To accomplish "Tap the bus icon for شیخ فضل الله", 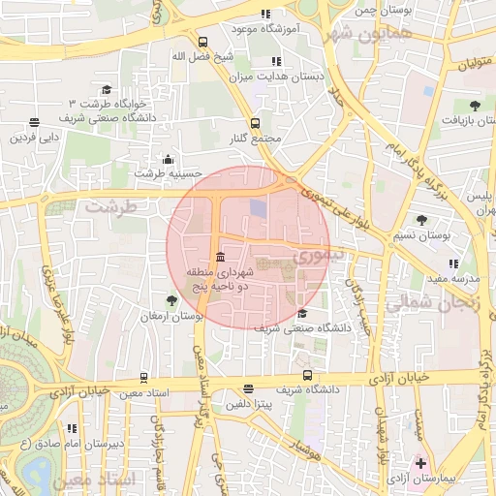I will [202, 42].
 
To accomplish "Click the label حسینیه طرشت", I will [169, 173].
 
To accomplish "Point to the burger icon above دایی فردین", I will [35, 122].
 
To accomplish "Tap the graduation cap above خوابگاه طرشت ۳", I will [106, 90].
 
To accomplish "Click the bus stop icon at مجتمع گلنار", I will [255, 123].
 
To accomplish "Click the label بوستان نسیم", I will [419, 235].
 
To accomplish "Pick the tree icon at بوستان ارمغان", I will [171, 301].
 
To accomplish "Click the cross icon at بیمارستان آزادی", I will [419, 463].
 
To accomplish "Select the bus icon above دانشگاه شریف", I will [307, 376].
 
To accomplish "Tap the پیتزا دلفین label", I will [248, 404].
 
